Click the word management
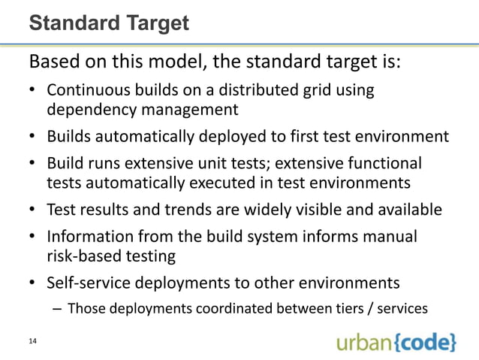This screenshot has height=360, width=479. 189,110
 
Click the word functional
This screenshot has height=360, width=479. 385,163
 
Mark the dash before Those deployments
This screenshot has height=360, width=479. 59,308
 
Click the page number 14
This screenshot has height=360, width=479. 32,342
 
